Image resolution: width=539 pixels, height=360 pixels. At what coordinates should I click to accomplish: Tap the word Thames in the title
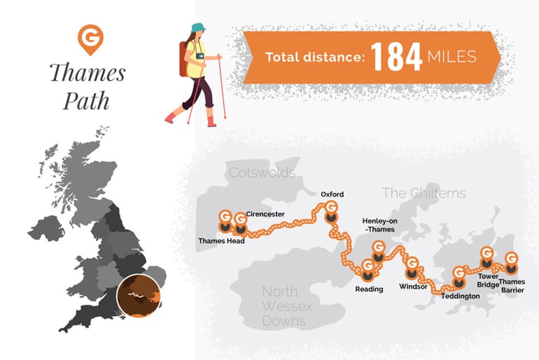coord(87,73)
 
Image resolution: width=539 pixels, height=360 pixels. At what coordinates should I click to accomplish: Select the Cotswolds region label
coord(262,172)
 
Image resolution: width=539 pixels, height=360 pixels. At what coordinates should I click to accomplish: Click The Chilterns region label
coord(423,193)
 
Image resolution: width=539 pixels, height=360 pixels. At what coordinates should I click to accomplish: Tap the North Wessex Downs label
coord(287,306)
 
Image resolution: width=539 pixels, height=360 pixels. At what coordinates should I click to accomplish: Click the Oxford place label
coord(332,194)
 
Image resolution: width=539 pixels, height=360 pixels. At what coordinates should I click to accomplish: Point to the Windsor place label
coord(412,287)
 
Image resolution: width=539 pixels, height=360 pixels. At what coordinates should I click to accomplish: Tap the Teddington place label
coord(461,296)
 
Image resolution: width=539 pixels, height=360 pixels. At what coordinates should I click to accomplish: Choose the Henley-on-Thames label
coord(378,224)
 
